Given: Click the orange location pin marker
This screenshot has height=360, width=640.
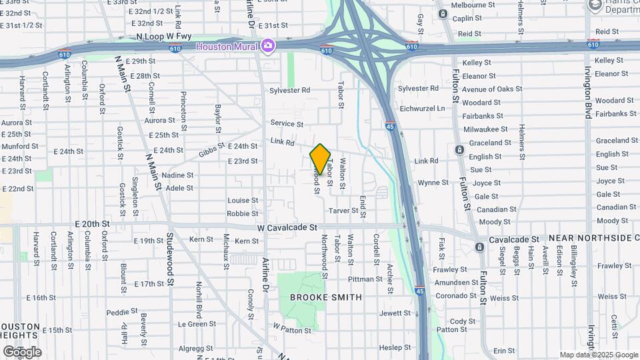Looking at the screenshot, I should (x=320, y=159).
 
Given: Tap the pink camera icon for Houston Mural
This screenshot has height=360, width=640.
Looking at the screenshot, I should (x=267, y=45).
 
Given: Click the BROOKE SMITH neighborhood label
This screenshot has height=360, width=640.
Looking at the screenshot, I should (x=326, y=297).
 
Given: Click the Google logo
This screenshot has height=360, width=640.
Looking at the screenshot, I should (x=22, y=351).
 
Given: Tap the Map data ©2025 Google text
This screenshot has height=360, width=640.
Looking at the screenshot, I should (x=599, y=355).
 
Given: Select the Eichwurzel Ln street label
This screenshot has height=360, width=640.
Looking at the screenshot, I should (x=421, y=108).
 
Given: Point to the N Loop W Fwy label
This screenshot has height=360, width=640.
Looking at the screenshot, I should (x=163, y=37).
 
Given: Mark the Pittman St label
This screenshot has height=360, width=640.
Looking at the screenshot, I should (x=365, y=279).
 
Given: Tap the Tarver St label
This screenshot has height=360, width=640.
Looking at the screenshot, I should (x=344, y=211).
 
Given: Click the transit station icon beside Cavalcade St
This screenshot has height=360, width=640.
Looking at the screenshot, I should (x=479, y=247).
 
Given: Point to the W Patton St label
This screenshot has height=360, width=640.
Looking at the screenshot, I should (x=292, y=328).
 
